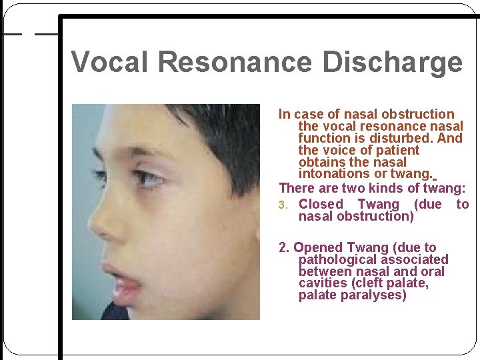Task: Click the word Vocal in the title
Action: tap(111, 62)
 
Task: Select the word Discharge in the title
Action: tap(392, 62)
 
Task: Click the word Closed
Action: tap(321, 205)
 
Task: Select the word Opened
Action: tap(317, 248)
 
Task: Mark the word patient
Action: tap(396, 151)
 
